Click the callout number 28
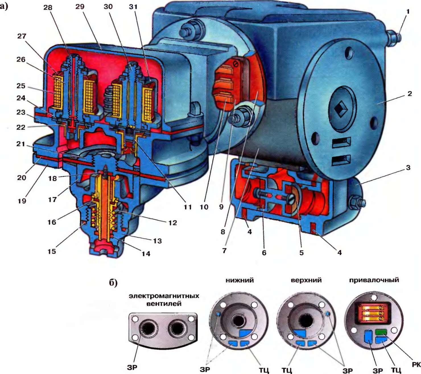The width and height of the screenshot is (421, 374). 48,8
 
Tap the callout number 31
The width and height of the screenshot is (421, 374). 133,7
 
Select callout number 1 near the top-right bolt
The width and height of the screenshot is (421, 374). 408,12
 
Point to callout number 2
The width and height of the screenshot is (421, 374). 409,94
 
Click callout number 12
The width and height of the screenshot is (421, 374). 172,223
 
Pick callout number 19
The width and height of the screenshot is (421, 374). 22,201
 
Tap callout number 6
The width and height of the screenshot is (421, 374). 264,252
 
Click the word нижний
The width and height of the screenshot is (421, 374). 240,280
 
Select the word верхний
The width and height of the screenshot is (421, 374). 306,280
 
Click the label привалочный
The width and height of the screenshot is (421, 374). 374,280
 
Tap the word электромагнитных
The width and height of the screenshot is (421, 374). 164,296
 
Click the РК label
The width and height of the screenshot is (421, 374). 416,365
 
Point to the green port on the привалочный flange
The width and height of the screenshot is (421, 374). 381,332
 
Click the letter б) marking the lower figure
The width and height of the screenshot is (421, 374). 113,283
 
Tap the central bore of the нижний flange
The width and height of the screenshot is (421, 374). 238,321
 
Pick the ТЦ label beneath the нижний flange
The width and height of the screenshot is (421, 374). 264,370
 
